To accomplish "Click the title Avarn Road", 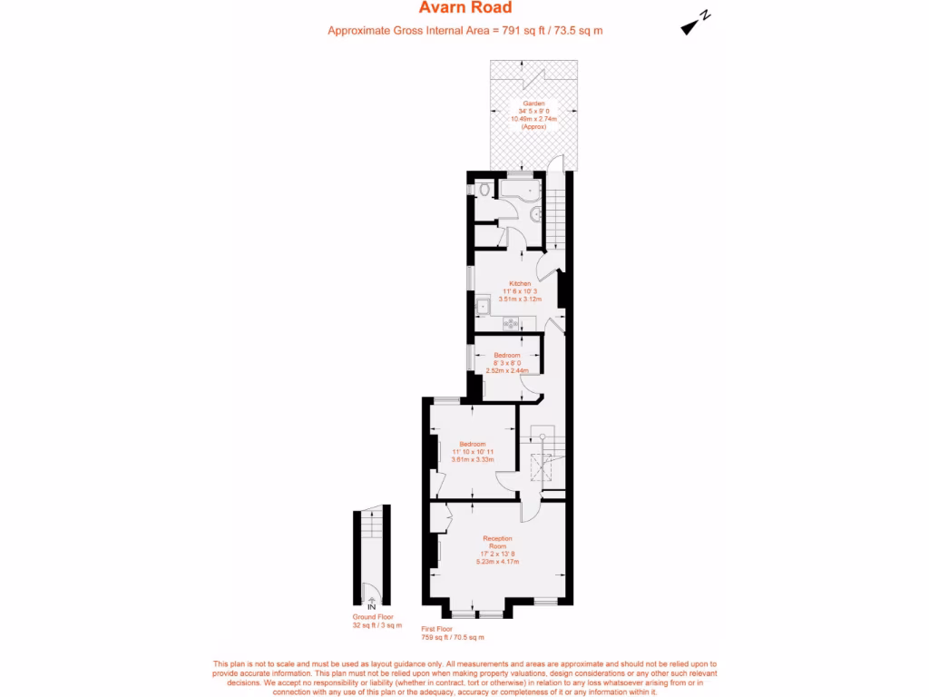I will [465, 8].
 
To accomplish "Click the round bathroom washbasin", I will [536, 213].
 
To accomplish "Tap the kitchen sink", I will [485, 307].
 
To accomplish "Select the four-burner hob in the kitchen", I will [511, 323].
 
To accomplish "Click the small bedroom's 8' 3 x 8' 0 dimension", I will [507, 363].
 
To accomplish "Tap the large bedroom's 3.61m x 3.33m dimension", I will [473, 459].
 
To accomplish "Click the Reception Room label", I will [497, 542].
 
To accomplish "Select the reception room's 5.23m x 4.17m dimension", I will [497, 562].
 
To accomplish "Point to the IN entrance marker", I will [371, 606].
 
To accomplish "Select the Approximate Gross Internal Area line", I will [465, 31].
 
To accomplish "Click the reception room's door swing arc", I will [527, 512].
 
